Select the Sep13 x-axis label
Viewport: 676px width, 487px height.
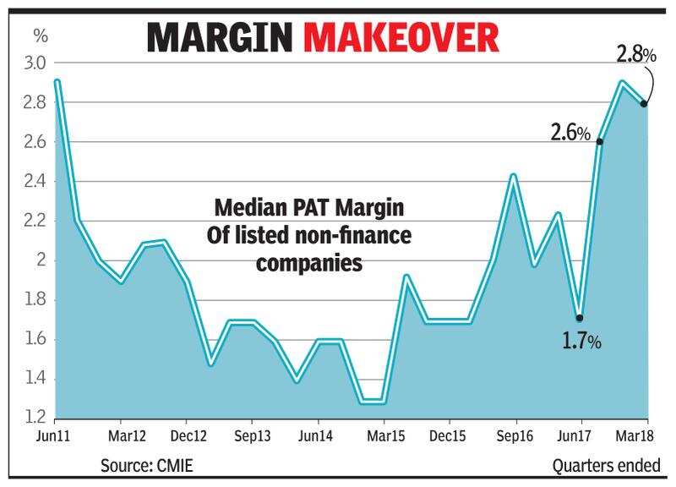coord(252,438)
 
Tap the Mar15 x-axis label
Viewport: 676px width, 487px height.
coord(384,438)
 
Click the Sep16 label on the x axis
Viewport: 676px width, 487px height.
coord(515,438)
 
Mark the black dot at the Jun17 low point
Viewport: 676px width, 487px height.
coord(580,319)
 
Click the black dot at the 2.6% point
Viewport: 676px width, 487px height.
coord(599,141)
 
